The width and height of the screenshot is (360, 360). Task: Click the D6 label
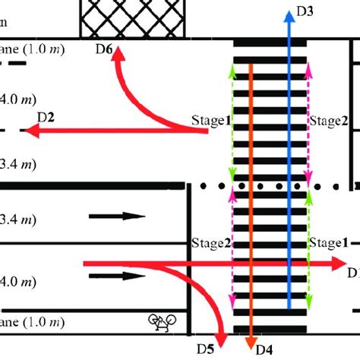click(x=103, y=49)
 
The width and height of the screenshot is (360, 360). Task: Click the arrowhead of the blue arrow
click(x=289, y=15)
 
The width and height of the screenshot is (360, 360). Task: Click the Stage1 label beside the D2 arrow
click(x=210, y=120)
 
